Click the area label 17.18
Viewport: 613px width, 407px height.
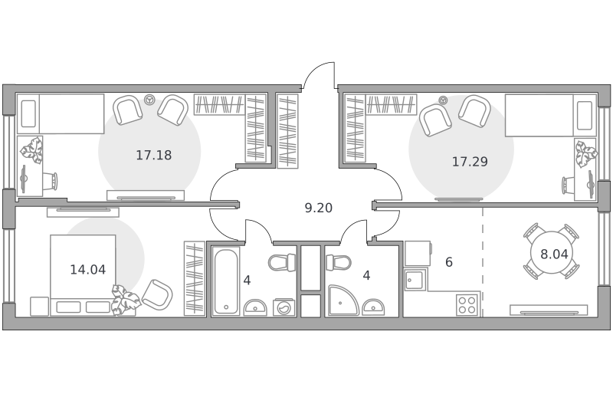click(154, 156)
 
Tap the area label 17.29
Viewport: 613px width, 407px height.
click(470, 162)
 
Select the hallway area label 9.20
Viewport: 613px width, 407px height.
click(319, 208)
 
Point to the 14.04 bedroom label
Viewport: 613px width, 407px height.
click(88, 269)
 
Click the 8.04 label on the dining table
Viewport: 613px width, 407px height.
click(554, 254)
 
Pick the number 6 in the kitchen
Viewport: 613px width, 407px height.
click(449, 262)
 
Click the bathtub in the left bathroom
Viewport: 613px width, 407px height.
click(226, 281)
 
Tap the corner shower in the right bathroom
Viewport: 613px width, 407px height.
click(343, 300)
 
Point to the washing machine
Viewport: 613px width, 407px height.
click(284, 307)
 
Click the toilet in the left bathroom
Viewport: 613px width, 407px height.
click(282, 262)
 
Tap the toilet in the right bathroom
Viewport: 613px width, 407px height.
click(339, 262)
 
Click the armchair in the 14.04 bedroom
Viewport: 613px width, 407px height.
click(157, 294)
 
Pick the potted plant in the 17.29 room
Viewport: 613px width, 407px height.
click(586, 153)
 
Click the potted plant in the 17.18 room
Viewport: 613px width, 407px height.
click(31, 150)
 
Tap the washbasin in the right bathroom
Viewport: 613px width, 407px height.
click(373, 307)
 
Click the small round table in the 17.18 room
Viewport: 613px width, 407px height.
click(149, 100)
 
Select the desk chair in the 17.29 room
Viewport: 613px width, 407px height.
click(568, 185)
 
